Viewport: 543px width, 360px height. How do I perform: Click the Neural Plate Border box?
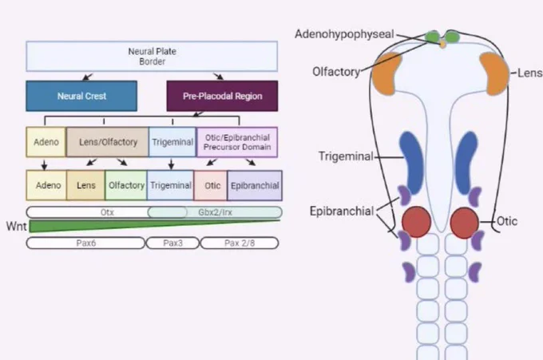152,57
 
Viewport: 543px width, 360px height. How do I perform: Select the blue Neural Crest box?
81,96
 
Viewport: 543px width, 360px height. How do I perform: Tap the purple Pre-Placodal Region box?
222,96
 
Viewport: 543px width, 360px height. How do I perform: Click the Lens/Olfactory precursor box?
107,142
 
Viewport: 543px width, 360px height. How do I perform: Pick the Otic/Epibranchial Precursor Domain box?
237,142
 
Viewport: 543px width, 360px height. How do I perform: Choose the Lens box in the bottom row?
85,185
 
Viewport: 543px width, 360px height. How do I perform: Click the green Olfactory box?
126,185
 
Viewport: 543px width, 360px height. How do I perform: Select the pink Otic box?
211,185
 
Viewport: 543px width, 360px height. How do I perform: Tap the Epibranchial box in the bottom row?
255,185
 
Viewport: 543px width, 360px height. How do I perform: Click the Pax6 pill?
85,243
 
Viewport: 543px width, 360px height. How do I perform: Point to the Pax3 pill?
172,243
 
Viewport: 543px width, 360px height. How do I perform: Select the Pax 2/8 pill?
240,243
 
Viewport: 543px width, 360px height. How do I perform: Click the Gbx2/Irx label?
215,212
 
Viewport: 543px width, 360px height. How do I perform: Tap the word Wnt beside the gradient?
16,226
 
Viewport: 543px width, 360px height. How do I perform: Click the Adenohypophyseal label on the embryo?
345,34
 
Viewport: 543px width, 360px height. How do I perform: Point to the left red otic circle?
416,222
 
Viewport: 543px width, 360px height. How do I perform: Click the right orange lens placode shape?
494,73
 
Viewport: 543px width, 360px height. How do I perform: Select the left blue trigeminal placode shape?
411,163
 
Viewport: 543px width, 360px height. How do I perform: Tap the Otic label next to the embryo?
507,221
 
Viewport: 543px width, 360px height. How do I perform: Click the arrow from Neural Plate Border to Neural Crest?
88,76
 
